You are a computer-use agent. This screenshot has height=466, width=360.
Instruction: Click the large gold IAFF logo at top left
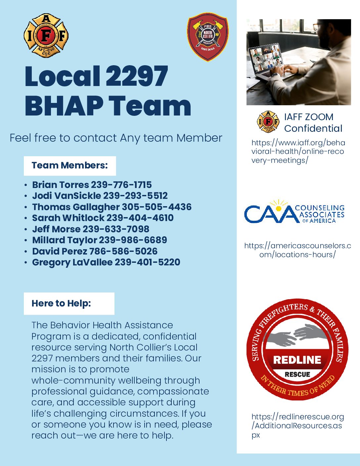46,35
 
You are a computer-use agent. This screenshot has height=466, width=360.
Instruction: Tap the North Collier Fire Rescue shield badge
207,37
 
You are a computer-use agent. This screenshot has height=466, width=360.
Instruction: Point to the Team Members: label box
70,165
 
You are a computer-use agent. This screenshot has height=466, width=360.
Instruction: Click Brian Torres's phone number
121,185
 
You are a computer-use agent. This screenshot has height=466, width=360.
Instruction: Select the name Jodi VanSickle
67,196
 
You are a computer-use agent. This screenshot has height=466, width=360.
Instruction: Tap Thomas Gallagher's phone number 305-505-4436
157,207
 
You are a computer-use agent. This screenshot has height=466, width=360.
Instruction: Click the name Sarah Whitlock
68,218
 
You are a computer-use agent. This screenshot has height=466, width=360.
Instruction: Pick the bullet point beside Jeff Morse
26,229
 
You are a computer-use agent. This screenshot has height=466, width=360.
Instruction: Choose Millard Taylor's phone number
133,240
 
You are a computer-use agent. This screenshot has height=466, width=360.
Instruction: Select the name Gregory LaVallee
72,262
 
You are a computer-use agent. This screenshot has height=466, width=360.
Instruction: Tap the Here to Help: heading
61,303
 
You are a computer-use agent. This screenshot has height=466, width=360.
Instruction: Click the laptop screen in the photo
266,59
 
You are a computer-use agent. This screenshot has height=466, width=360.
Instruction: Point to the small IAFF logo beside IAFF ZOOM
268,121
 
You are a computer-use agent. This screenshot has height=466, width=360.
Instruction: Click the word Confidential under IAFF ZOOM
313,128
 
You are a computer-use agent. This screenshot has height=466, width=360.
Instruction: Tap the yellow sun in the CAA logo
279,208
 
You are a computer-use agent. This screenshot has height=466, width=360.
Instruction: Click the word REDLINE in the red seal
297,360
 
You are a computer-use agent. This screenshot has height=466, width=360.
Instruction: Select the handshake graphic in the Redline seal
297,336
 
